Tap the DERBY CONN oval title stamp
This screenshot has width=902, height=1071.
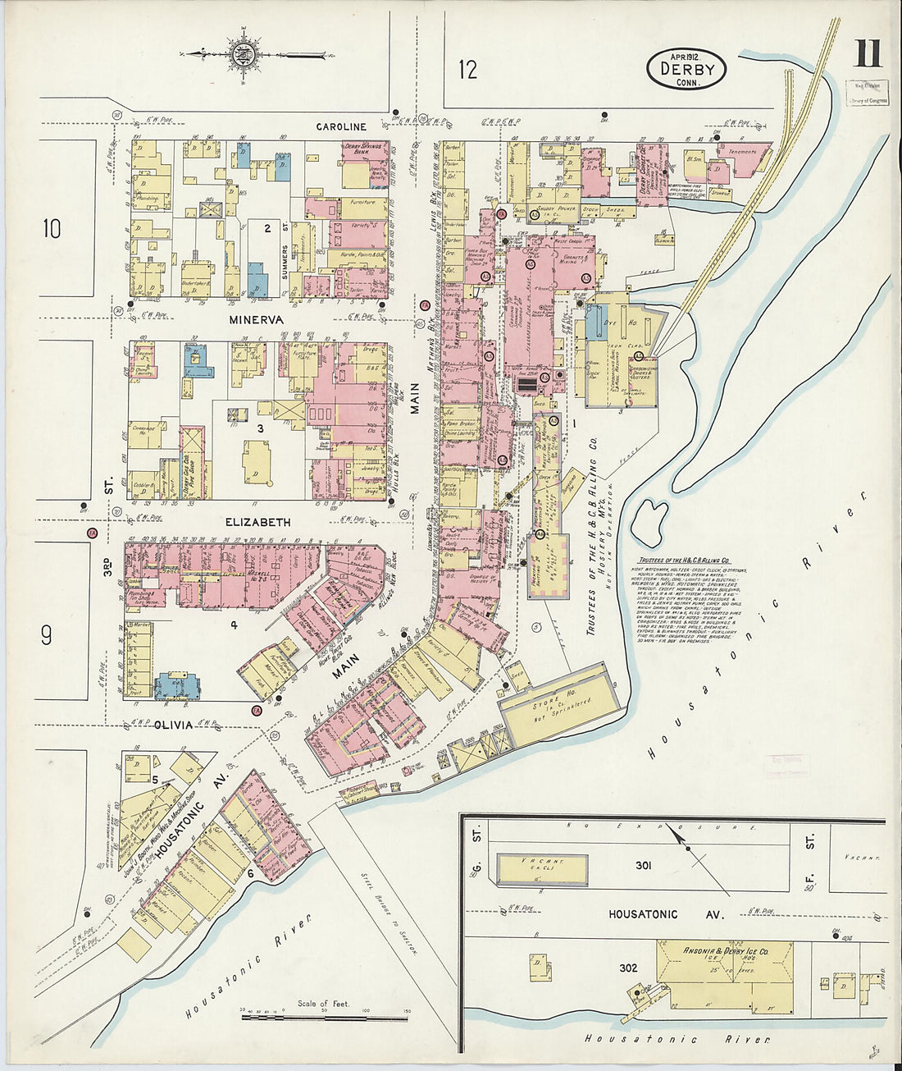[x=686, y=69]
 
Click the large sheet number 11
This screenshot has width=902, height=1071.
[x=867, y=54]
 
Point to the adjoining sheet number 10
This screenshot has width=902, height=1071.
[x=52, y=228]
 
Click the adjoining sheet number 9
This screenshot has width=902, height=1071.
[x=47, y=634]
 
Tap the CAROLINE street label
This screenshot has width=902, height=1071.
[x=341, y=126]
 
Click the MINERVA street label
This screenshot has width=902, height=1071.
[x=256, y=319]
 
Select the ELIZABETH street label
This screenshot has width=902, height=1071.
[x=258, y=522]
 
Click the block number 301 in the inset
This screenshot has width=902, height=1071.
[x=643, y=865]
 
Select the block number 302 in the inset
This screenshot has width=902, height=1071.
[x=628, y=968]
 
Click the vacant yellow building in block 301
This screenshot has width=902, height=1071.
[x=542, y=868]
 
